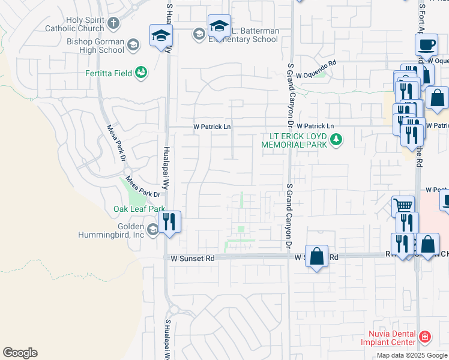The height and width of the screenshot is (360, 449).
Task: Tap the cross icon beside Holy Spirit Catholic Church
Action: pos(113,24)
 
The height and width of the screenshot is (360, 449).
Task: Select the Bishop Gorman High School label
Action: pos(95,46)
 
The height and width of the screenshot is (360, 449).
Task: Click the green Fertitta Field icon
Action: pos(142,73)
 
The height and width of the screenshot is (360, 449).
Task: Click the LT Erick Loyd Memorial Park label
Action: pos(294,140)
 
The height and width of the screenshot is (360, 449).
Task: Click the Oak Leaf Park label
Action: pos(139,209)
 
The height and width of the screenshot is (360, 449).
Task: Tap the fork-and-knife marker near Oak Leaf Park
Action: pos(169,221)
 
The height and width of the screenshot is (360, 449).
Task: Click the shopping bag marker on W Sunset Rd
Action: pos(317,256)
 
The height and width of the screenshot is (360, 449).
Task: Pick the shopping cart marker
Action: pos(403,206)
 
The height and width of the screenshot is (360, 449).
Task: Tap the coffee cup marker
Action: pos(426,44)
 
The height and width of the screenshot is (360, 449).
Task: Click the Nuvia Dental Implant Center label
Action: pos(388,338)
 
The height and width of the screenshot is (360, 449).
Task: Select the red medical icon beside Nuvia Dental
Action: pos(425,337)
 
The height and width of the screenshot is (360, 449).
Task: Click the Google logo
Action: pos(20,353)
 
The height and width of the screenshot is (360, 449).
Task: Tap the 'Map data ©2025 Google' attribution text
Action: pos(411,355)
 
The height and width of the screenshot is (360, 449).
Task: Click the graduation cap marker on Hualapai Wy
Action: pos(161,36)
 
